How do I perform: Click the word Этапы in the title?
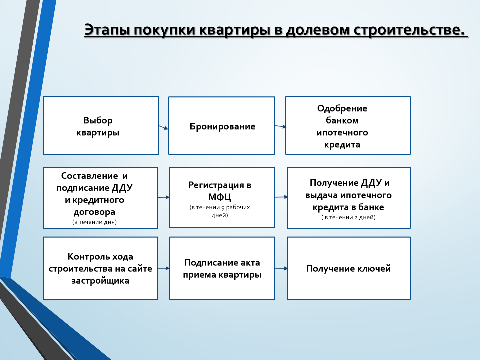tap(107, 30)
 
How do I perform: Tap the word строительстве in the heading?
tap(408, 30)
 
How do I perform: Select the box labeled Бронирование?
tap(222, 126)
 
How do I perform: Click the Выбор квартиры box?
tap(101, 125)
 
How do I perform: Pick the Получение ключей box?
tap(349, 268)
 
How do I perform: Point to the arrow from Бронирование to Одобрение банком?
tap(280, 126)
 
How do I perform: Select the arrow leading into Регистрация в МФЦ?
tap(164, 198)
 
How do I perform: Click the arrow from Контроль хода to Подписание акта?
tap(164, 268)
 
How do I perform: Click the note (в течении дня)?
tap(94, 222)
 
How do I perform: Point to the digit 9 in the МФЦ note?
tap(223, 208)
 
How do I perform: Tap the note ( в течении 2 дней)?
tap(348, 217)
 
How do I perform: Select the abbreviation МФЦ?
tap(220, 197)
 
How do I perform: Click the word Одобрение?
tap(342, 108)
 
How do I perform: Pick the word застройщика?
tap(100, 281)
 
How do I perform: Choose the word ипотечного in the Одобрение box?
tap(342, 132)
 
